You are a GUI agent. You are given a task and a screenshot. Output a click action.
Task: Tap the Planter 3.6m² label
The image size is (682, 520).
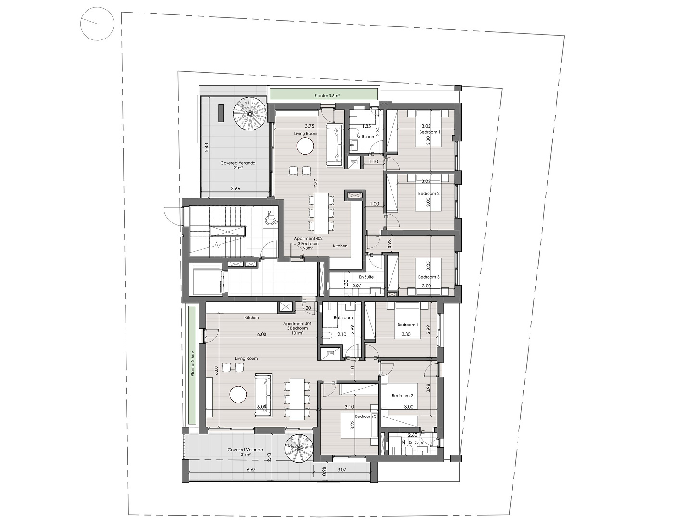327,96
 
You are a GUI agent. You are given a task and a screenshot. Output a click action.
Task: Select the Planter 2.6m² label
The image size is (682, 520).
193,364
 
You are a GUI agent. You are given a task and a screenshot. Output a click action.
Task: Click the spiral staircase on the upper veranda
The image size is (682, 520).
250,114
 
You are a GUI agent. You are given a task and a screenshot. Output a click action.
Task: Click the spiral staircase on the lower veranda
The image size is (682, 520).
299,448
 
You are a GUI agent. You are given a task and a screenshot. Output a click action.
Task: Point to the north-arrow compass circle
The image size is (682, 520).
97,24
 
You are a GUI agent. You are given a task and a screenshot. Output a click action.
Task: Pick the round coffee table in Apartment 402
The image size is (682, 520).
305,145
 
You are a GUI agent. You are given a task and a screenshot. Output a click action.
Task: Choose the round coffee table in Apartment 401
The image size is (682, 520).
238,394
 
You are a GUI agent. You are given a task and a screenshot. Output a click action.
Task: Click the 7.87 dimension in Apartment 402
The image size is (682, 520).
316,182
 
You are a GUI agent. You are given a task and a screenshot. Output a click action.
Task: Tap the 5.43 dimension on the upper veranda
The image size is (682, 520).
207,147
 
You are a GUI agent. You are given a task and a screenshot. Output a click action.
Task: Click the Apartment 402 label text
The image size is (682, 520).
308,238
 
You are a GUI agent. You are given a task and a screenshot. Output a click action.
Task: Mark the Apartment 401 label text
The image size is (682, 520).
297,324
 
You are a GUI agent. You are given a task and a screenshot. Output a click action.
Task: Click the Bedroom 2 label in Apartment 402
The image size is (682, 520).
429,193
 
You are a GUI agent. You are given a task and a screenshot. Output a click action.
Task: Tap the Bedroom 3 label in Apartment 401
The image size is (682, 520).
366,416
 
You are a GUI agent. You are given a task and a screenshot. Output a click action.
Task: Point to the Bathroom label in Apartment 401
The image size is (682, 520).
343,317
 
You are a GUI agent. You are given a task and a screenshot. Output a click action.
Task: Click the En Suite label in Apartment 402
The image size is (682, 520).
366,277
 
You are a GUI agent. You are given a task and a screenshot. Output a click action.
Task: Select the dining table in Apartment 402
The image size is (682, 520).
322,213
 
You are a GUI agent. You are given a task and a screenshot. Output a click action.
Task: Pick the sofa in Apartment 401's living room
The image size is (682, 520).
263,395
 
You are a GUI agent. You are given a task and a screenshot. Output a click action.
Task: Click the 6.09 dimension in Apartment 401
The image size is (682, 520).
216,370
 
